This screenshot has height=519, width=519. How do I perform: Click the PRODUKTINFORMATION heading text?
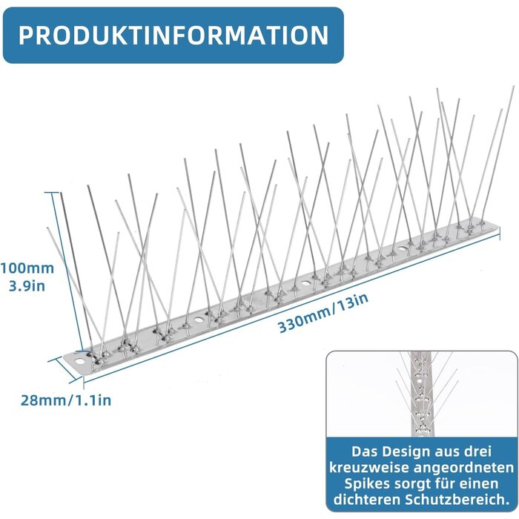coord(173,35)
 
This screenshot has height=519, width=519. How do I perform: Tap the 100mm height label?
coord(27,268)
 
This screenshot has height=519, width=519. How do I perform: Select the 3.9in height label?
coord(27,285)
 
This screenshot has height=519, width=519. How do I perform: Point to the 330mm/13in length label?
coord(323,313)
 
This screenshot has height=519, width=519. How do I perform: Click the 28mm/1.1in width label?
coord(66,400)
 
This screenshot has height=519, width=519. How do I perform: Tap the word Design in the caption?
coord(406,452)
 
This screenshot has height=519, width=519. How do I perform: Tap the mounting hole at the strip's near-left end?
coord(79,361)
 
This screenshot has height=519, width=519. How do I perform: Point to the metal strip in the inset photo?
coord(420,394)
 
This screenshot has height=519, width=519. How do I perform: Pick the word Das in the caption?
coord(365,452)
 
